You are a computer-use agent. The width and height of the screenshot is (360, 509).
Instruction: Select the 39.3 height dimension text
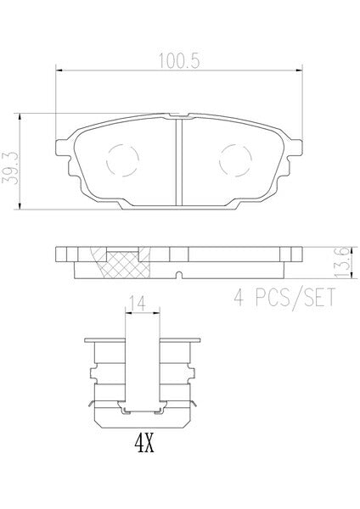[x=10, y=169]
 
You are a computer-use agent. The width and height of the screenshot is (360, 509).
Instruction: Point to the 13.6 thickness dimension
[x=342, y=263]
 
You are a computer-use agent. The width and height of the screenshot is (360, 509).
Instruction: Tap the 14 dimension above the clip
[x=138, y=303]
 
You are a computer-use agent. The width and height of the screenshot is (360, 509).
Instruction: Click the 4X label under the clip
[x=144, y=444]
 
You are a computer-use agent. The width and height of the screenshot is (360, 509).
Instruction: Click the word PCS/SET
[x=295, y=298]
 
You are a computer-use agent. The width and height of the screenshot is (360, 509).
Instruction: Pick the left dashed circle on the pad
[x=122, y=160]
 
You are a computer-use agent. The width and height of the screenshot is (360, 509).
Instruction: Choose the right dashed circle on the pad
[x=235, y=160]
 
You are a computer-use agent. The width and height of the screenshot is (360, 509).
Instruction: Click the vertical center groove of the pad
[x=179, y=162]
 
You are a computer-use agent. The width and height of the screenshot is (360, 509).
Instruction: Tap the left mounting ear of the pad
[x=64, y=148]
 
